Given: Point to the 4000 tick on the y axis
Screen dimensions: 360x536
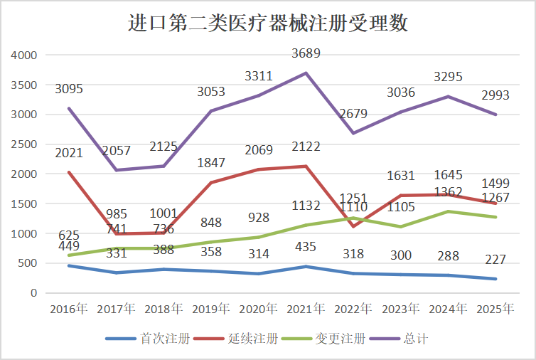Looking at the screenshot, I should [24, 55].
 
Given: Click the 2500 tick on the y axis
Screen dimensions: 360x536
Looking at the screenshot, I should [24, 144].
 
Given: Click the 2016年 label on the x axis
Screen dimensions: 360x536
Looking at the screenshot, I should [68, 309].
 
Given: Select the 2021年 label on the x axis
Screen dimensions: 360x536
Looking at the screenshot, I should [306, 309].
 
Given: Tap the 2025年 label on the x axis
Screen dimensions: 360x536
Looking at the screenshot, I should [495, 309].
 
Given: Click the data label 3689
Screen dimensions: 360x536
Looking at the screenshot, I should [306, 53].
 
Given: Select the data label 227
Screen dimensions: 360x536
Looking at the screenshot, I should [495, 260].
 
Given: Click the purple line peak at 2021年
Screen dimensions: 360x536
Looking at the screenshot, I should [306, 73].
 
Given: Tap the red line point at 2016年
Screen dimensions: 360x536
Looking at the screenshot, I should [68, 172].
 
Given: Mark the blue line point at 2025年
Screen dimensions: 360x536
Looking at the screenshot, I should [495, 279].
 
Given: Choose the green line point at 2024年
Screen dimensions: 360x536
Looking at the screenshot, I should [448, 211].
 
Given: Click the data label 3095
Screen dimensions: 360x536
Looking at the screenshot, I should [68, 89].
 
